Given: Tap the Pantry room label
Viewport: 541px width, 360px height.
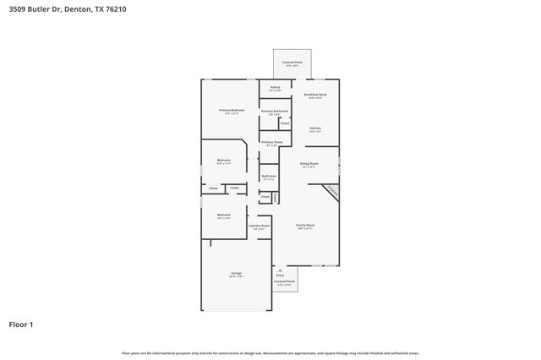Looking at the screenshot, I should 276,87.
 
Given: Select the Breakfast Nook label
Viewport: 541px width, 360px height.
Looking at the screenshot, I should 314,95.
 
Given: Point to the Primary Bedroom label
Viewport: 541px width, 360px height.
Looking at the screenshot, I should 232,111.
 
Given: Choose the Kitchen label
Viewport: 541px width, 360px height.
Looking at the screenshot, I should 314,128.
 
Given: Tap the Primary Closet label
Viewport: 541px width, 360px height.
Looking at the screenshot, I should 271,142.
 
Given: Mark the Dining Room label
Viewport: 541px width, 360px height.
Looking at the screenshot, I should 309,163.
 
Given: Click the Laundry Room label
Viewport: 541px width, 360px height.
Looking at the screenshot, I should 260,226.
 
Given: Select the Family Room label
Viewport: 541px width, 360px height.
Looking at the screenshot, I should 305,225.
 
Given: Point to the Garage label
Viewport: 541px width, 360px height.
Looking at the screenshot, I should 237,273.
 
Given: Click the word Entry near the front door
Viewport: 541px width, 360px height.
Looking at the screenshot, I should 281,275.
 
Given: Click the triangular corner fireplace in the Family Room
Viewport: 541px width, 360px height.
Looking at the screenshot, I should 331,193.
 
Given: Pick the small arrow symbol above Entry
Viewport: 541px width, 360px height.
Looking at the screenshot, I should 281,270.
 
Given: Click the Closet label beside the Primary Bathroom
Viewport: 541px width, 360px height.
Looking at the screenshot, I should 285,123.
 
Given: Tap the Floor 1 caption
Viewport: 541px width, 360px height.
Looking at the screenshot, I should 21,324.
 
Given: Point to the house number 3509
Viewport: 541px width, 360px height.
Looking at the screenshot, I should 15,9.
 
